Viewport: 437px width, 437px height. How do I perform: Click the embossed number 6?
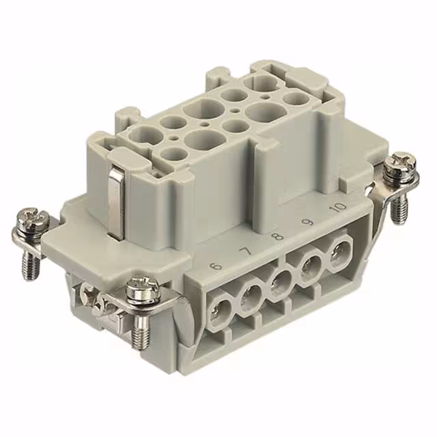point(218,264)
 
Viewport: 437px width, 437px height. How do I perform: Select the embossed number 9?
point(307,221)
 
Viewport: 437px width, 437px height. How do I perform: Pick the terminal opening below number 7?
point(251,296)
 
